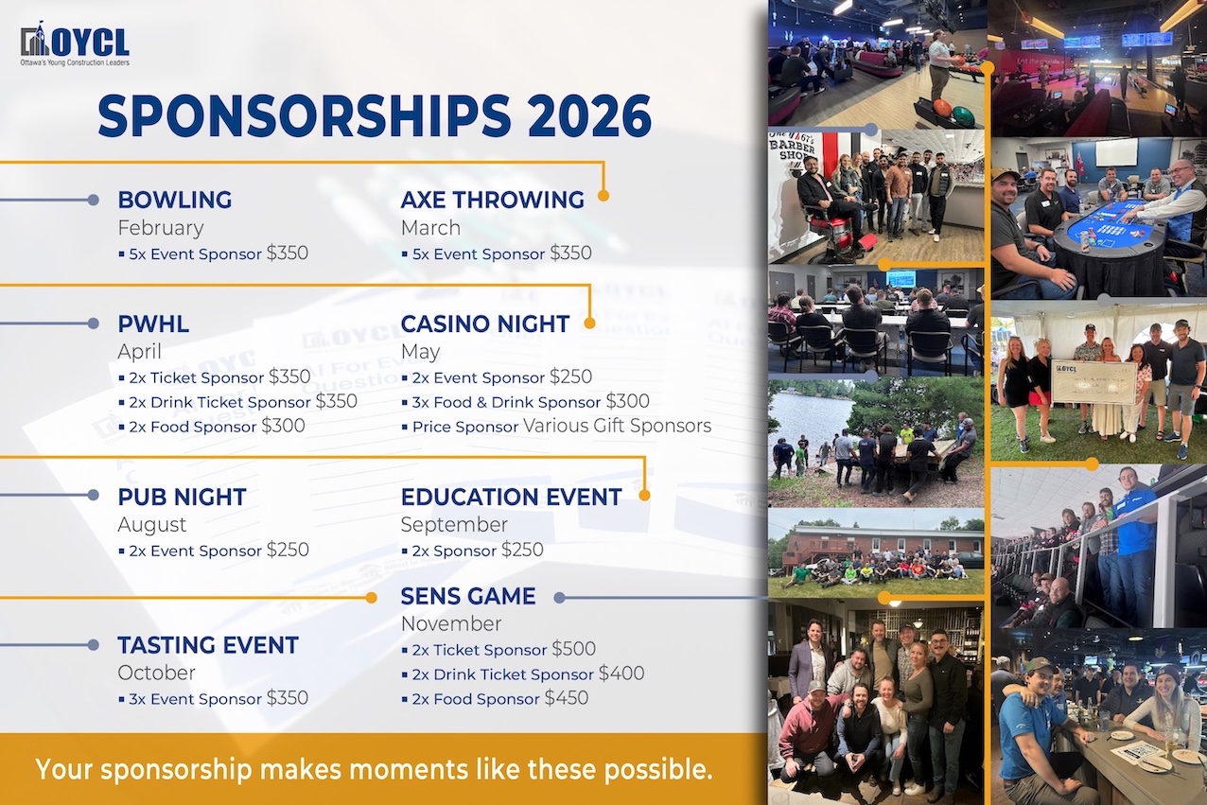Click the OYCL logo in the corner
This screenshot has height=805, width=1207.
tap(75, 44)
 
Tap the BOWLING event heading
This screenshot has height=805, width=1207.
tap(175, 200)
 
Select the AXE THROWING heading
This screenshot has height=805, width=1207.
tap(493, 200)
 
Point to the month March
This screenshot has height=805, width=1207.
tap(430, 228)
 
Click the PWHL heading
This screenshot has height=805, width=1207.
tap(153, 324)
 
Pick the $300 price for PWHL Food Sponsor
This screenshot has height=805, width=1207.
tap(283, 426)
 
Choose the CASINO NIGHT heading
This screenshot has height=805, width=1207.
tap(485, 324)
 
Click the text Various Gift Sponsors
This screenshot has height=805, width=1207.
tap(617, 426)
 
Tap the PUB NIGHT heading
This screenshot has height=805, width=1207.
tap(183, 498)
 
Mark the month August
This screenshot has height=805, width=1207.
tap(152, 525)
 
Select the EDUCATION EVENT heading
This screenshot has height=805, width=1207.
tap(512, 498)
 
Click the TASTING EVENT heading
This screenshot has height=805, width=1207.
tap(208, 645)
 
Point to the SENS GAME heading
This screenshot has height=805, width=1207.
tap(468, 597)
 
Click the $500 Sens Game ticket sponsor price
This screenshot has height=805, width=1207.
tap(573, 649)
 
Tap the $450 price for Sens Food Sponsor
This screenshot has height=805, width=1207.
tap(566, 698)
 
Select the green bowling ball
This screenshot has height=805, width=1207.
tap(963, 114)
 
